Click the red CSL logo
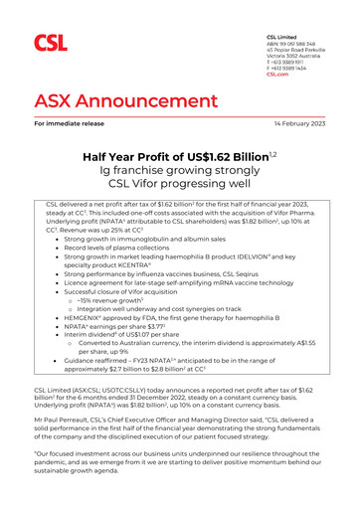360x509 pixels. pos(51,43)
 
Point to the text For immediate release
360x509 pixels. pos(73,124)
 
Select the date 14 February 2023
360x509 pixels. pos(293,124)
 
